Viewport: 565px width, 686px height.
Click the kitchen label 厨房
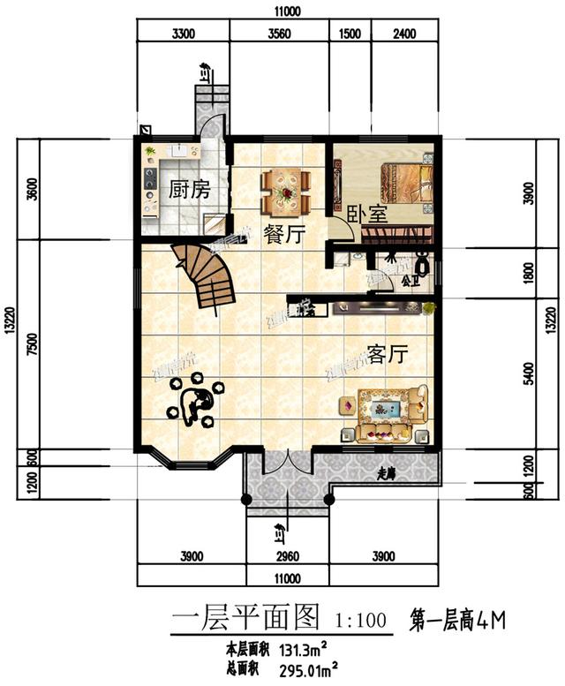[x=189, y=188]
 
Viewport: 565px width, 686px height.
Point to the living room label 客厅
[x=387, y=354]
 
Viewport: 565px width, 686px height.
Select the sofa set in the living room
[x=384, y=412]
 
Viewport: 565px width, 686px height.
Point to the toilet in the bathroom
[x=423, y=263]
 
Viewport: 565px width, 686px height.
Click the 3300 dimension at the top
[x=182, y=35]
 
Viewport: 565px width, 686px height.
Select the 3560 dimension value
[x=278, y=35]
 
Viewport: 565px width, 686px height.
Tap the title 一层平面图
[x=244, y=619]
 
